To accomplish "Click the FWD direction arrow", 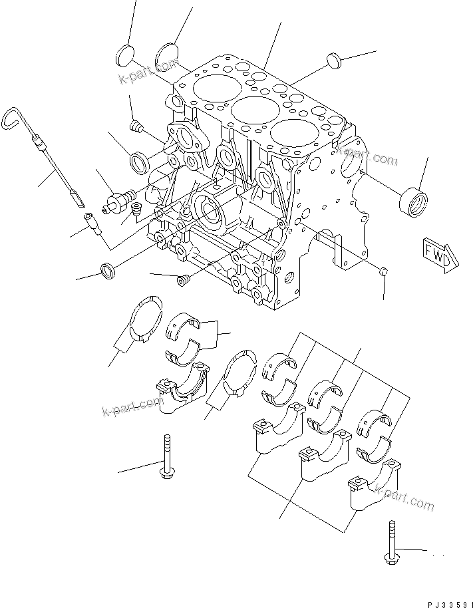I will coord(440,253).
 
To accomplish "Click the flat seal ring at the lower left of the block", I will coord(108,270).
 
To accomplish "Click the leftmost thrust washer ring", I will coord(144,319).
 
